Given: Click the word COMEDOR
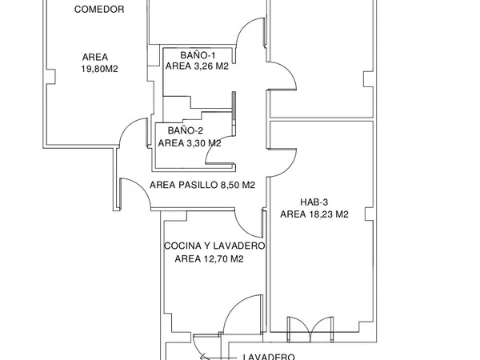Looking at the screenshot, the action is (99, 10).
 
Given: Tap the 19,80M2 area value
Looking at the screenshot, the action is (99, 69).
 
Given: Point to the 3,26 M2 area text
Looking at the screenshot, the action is (211, 66).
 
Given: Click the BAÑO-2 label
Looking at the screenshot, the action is (186, 130).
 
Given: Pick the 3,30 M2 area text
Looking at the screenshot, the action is (204, 143).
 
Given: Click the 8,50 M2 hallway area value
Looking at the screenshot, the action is (238, 186).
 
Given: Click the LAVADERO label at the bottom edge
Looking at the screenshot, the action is (269, 357).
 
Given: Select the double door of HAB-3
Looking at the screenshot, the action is (310, 329).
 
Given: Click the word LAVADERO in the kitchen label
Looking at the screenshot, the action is (238, 246).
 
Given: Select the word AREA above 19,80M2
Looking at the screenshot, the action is (95, 58).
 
